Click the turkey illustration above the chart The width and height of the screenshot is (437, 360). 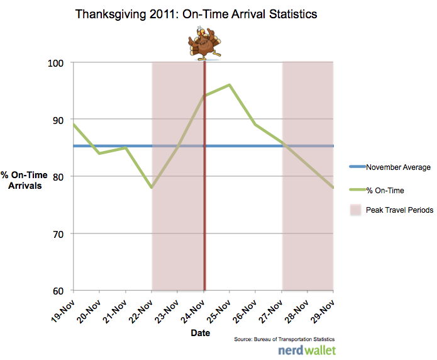[204, 43]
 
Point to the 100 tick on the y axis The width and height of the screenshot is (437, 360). [60, 63]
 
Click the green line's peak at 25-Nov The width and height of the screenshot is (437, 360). [230, 85]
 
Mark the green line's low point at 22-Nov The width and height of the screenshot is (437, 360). [152, 188]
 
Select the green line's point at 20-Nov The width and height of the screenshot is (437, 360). [99, 153]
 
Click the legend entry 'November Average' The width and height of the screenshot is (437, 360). [398, 167]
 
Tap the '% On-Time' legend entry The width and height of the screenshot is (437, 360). [385, 190]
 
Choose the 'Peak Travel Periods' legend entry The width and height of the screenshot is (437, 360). [399, 210]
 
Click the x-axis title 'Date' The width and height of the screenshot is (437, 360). [201, 332]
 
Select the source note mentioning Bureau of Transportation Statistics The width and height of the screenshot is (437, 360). [283, 340]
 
